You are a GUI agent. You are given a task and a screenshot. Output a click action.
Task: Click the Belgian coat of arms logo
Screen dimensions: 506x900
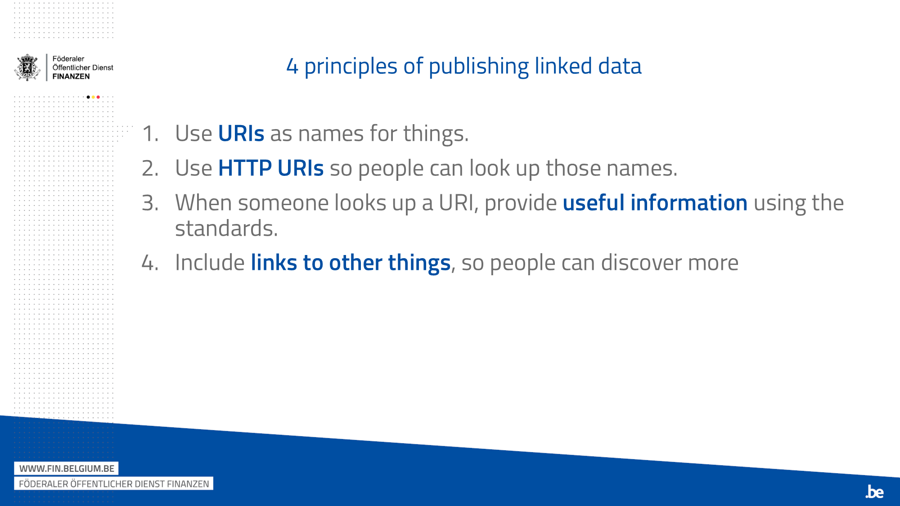[27, 67]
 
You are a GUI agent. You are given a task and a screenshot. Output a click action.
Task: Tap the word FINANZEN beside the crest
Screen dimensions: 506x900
[71, 76]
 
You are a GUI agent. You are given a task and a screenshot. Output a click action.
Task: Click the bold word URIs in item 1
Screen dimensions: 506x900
[241, 134]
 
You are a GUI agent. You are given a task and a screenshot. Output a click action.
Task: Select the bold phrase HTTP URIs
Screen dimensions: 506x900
[271, 168]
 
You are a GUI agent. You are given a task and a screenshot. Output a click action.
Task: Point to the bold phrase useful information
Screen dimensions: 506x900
[655, 203]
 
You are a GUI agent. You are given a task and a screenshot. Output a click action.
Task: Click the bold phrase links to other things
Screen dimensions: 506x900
[351, 263]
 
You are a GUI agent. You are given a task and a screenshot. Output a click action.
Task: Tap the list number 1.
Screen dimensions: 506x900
[150, 134]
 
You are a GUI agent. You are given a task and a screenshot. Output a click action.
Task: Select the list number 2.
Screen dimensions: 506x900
[150, 169]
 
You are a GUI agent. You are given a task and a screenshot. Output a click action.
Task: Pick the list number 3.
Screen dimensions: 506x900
[150, 203]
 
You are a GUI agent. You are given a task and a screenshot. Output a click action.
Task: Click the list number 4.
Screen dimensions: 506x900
[150, 263]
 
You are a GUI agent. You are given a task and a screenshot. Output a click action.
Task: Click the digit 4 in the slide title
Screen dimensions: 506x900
[292, 67]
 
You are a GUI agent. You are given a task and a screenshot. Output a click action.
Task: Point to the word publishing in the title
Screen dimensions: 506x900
[479, 67]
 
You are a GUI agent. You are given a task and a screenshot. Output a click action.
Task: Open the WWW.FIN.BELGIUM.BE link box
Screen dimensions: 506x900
[67, 469]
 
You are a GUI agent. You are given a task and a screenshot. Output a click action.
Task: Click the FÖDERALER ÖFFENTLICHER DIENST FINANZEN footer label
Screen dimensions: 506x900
[114, 484]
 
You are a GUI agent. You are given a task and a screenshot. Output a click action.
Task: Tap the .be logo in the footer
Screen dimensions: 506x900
[874, 492]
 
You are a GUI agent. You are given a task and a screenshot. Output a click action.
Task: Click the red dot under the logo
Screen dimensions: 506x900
[98, 97]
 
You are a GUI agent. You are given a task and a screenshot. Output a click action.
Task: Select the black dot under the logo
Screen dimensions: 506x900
[88, 97]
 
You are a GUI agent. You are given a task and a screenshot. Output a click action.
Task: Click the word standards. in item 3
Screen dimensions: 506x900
[226, 229]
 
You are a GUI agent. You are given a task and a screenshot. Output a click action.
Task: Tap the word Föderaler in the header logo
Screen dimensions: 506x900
[68, 59]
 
